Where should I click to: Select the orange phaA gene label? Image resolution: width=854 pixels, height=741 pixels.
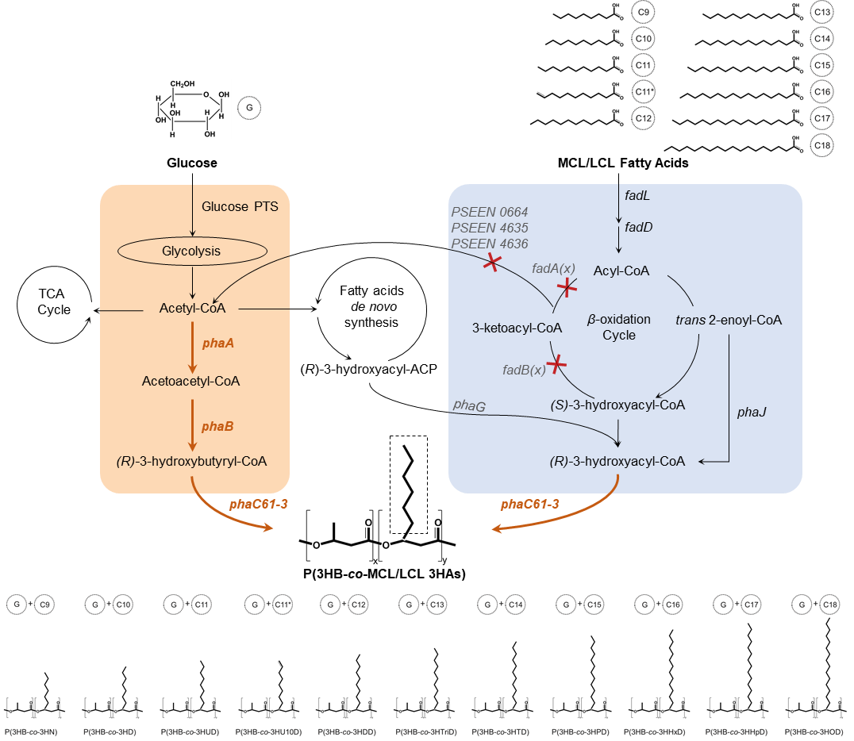click(x=217, y=343)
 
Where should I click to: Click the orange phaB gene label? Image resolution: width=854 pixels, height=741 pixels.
click(x=217, y=426)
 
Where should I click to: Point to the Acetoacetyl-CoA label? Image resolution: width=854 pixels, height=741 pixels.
click(x=190, y=381)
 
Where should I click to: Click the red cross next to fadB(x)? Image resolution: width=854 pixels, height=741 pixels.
click(x=556, y=364)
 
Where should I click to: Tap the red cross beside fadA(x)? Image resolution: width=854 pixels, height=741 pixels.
click(x=567, y=287)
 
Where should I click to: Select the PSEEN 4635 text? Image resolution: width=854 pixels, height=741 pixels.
click(x=490, y=228)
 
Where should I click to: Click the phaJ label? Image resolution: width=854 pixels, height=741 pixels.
click(x=752, y=412)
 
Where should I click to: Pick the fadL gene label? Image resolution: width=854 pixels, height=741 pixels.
click(x=637, y=195)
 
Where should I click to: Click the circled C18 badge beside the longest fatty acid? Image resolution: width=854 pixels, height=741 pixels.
click(x=822, y=145)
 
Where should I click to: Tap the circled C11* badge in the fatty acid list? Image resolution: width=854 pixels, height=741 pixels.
click(x=643, y=91)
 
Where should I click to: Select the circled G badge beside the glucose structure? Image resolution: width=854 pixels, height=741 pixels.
click(x=249, y=108)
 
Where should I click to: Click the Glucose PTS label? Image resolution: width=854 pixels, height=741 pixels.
click(x=240, y=207)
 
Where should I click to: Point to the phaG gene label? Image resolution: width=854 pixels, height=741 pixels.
click(x=469, y=405)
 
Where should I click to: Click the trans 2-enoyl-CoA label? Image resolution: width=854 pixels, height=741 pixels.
click(x=729, y=321)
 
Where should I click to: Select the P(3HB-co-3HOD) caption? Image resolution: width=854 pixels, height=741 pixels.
click(x=814, y=731)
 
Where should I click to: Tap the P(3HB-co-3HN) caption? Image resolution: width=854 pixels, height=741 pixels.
click(x=31, y=731)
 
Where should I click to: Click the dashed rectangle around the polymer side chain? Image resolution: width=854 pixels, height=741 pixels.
click(x=390, y=485)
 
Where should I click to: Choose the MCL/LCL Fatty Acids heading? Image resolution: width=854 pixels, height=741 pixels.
click(x=623, y=163)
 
